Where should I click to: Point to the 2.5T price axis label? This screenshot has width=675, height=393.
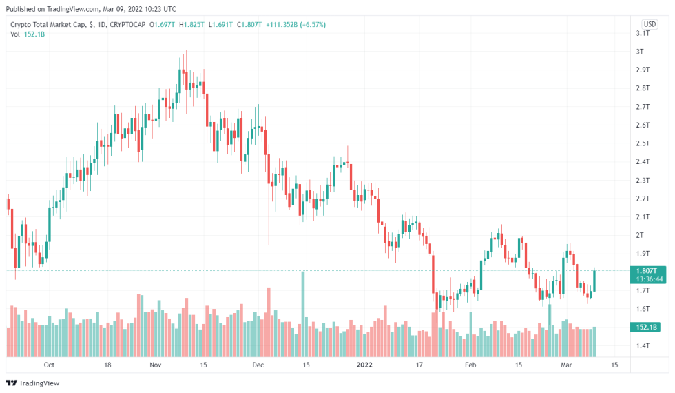[643, 143]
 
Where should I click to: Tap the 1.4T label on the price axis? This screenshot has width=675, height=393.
[643, 345]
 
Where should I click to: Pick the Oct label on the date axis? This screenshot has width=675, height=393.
[48, 364]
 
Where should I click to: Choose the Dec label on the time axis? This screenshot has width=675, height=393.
[258, 364]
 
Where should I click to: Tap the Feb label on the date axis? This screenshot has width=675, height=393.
[470, 364]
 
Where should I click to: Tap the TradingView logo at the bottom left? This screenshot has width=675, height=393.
[32, 383]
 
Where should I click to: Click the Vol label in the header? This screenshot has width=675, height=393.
[16, 34]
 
